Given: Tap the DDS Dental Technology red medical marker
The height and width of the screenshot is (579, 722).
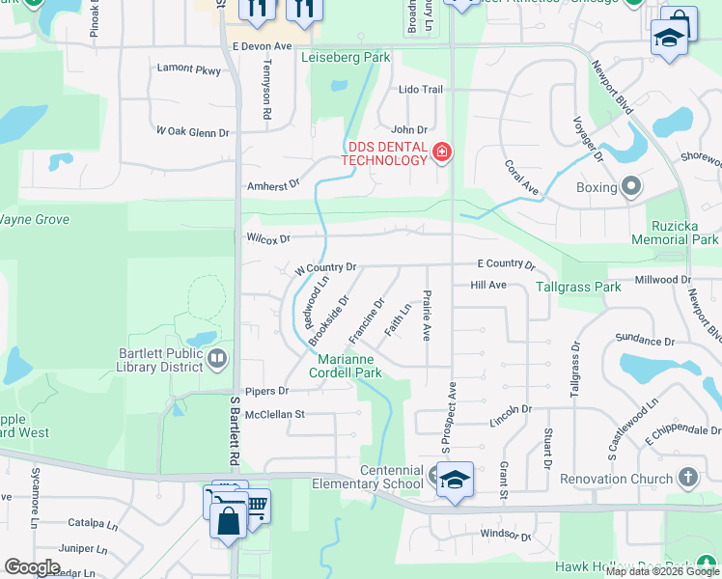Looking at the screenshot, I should tap(442, 152).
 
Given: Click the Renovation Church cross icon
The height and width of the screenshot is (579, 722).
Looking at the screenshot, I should tap(687, 478).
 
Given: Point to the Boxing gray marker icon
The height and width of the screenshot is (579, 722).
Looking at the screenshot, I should tap(632, 186).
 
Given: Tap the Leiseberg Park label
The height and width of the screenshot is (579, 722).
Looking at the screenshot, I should tap(346, 58).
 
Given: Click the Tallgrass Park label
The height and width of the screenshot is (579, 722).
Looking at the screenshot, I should tap(580, 287).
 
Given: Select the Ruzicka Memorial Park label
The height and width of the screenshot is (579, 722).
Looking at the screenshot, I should tap(675, 232).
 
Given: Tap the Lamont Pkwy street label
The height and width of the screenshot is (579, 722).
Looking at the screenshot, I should tap(187, 69).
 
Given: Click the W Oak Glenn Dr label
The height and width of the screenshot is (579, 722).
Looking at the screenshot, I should tap(192, 131).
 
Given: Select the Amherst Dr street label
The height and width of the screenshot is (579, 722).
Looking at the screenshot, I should tap(273, 183).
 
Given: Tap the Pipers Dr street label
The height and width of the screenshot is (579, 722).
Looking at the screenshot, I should tap(266, 392).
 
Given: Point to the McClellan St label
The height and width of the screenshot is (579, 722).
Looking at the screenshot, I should tap(274, 414).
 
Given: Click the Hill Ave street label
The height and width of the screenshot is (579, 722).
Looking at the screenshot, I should tap(488, 286).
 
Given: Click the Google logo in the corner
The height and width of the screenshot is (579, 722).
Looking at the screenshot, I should tap(32, 567).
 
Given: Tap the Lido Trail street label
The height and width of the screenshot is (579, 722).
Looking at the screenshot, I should tap(420, 90).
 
